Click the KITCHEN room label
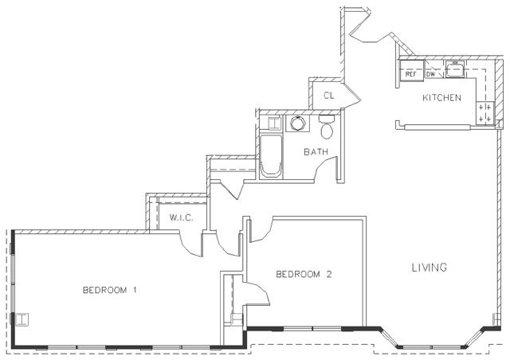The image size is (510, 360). click(441, 98)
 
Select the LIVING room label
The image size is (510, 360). click(429, 267)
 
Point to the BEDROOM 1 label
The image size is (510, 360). click(110, 290)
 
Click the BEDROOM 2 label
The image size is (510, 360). click(303, 275)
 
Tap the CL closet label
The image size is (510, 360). click(328, 96)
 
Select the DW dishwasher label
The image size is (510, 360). click(430, 74)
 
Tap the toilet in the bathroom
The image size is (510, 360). click(327, 127)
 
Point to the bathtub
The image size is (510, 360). click(270, 155)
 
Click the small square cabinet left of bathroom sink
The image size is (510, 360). click(273, 123)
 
